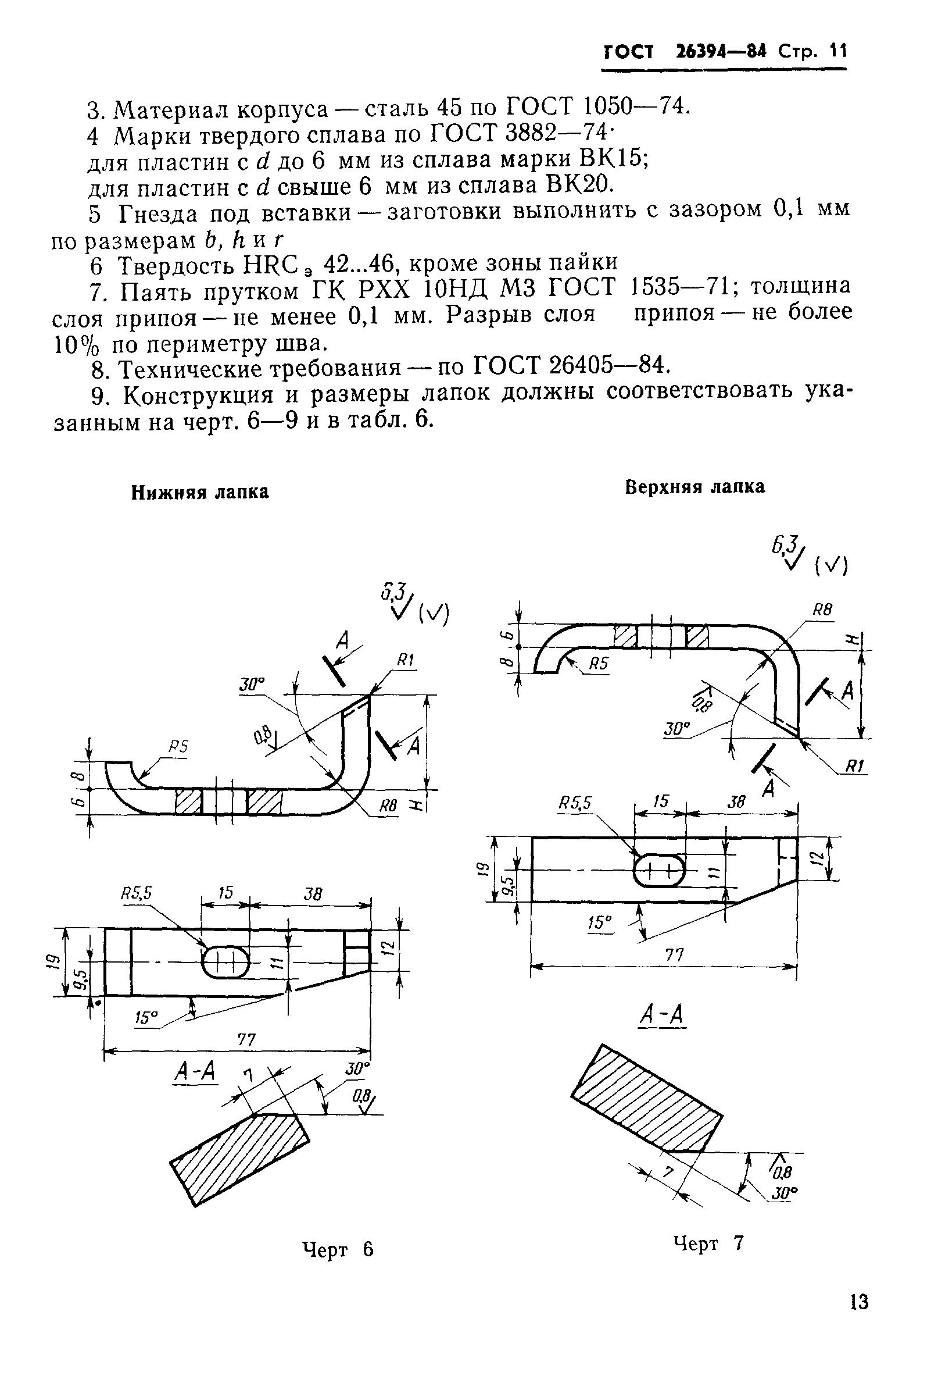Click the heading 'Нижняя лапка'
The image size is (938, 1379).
(200, 493)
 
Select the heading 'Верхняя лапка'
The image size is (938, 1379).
(695, 487)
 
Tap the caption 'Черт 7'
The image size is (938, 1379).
(708, 1242)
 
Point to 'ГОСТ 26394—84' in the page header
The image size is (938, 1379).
(685, 52)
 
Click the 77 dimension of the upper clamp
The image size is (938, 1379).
(675, 954)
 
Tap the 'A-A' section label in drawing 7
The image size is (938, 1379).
(663, 1015)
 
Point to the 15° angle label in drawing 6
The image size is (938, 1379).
(146, 1017)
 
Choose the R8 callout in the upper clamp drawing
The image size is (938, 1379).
(822, 610)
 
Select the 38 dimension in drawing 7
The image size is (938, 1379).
(736, 802)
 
